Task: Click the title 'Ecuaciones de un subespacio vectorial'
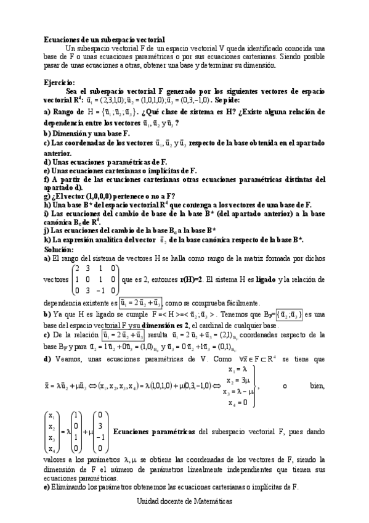(x=104, y=38)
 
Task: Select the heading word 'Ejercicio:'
(x=60, y=81)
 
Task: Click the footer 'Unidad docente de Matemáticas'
(x=184, y=502)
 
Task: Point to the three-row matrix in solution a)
(x=94, y=279)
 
